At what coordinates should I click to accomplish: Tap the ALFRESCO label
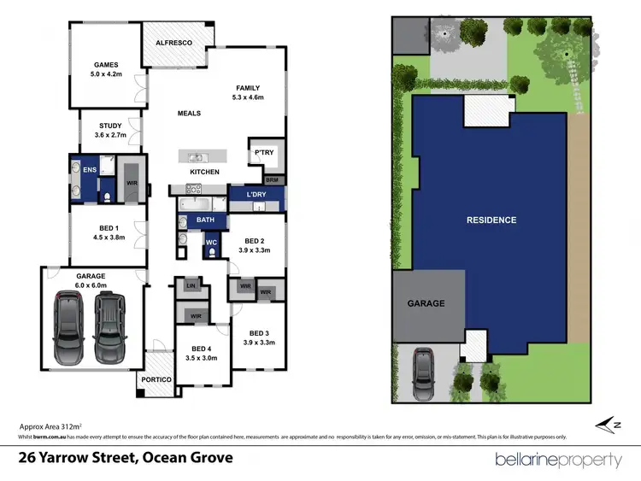click(173, 42)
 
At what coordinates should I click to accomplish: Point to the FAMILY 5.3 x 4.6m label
click(248, 93)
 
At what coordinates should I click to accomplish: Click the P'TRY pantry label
click(262, 154)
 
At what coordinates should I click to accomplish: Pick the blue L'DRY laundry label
click(257, 196)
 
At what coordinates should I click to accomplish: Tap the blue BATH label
click(205, 220)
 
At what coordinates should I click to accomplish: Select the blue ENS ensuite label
click(89, 170)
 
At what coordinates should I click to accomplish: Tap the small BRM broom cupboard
click(272, 180)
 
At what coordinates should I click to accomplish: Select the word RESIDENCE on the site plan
click(491, 220)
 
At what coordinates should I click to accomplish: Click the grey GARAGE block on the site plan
click(427, 303)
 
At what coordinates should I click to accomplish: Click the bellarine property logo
click(558, 460)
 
